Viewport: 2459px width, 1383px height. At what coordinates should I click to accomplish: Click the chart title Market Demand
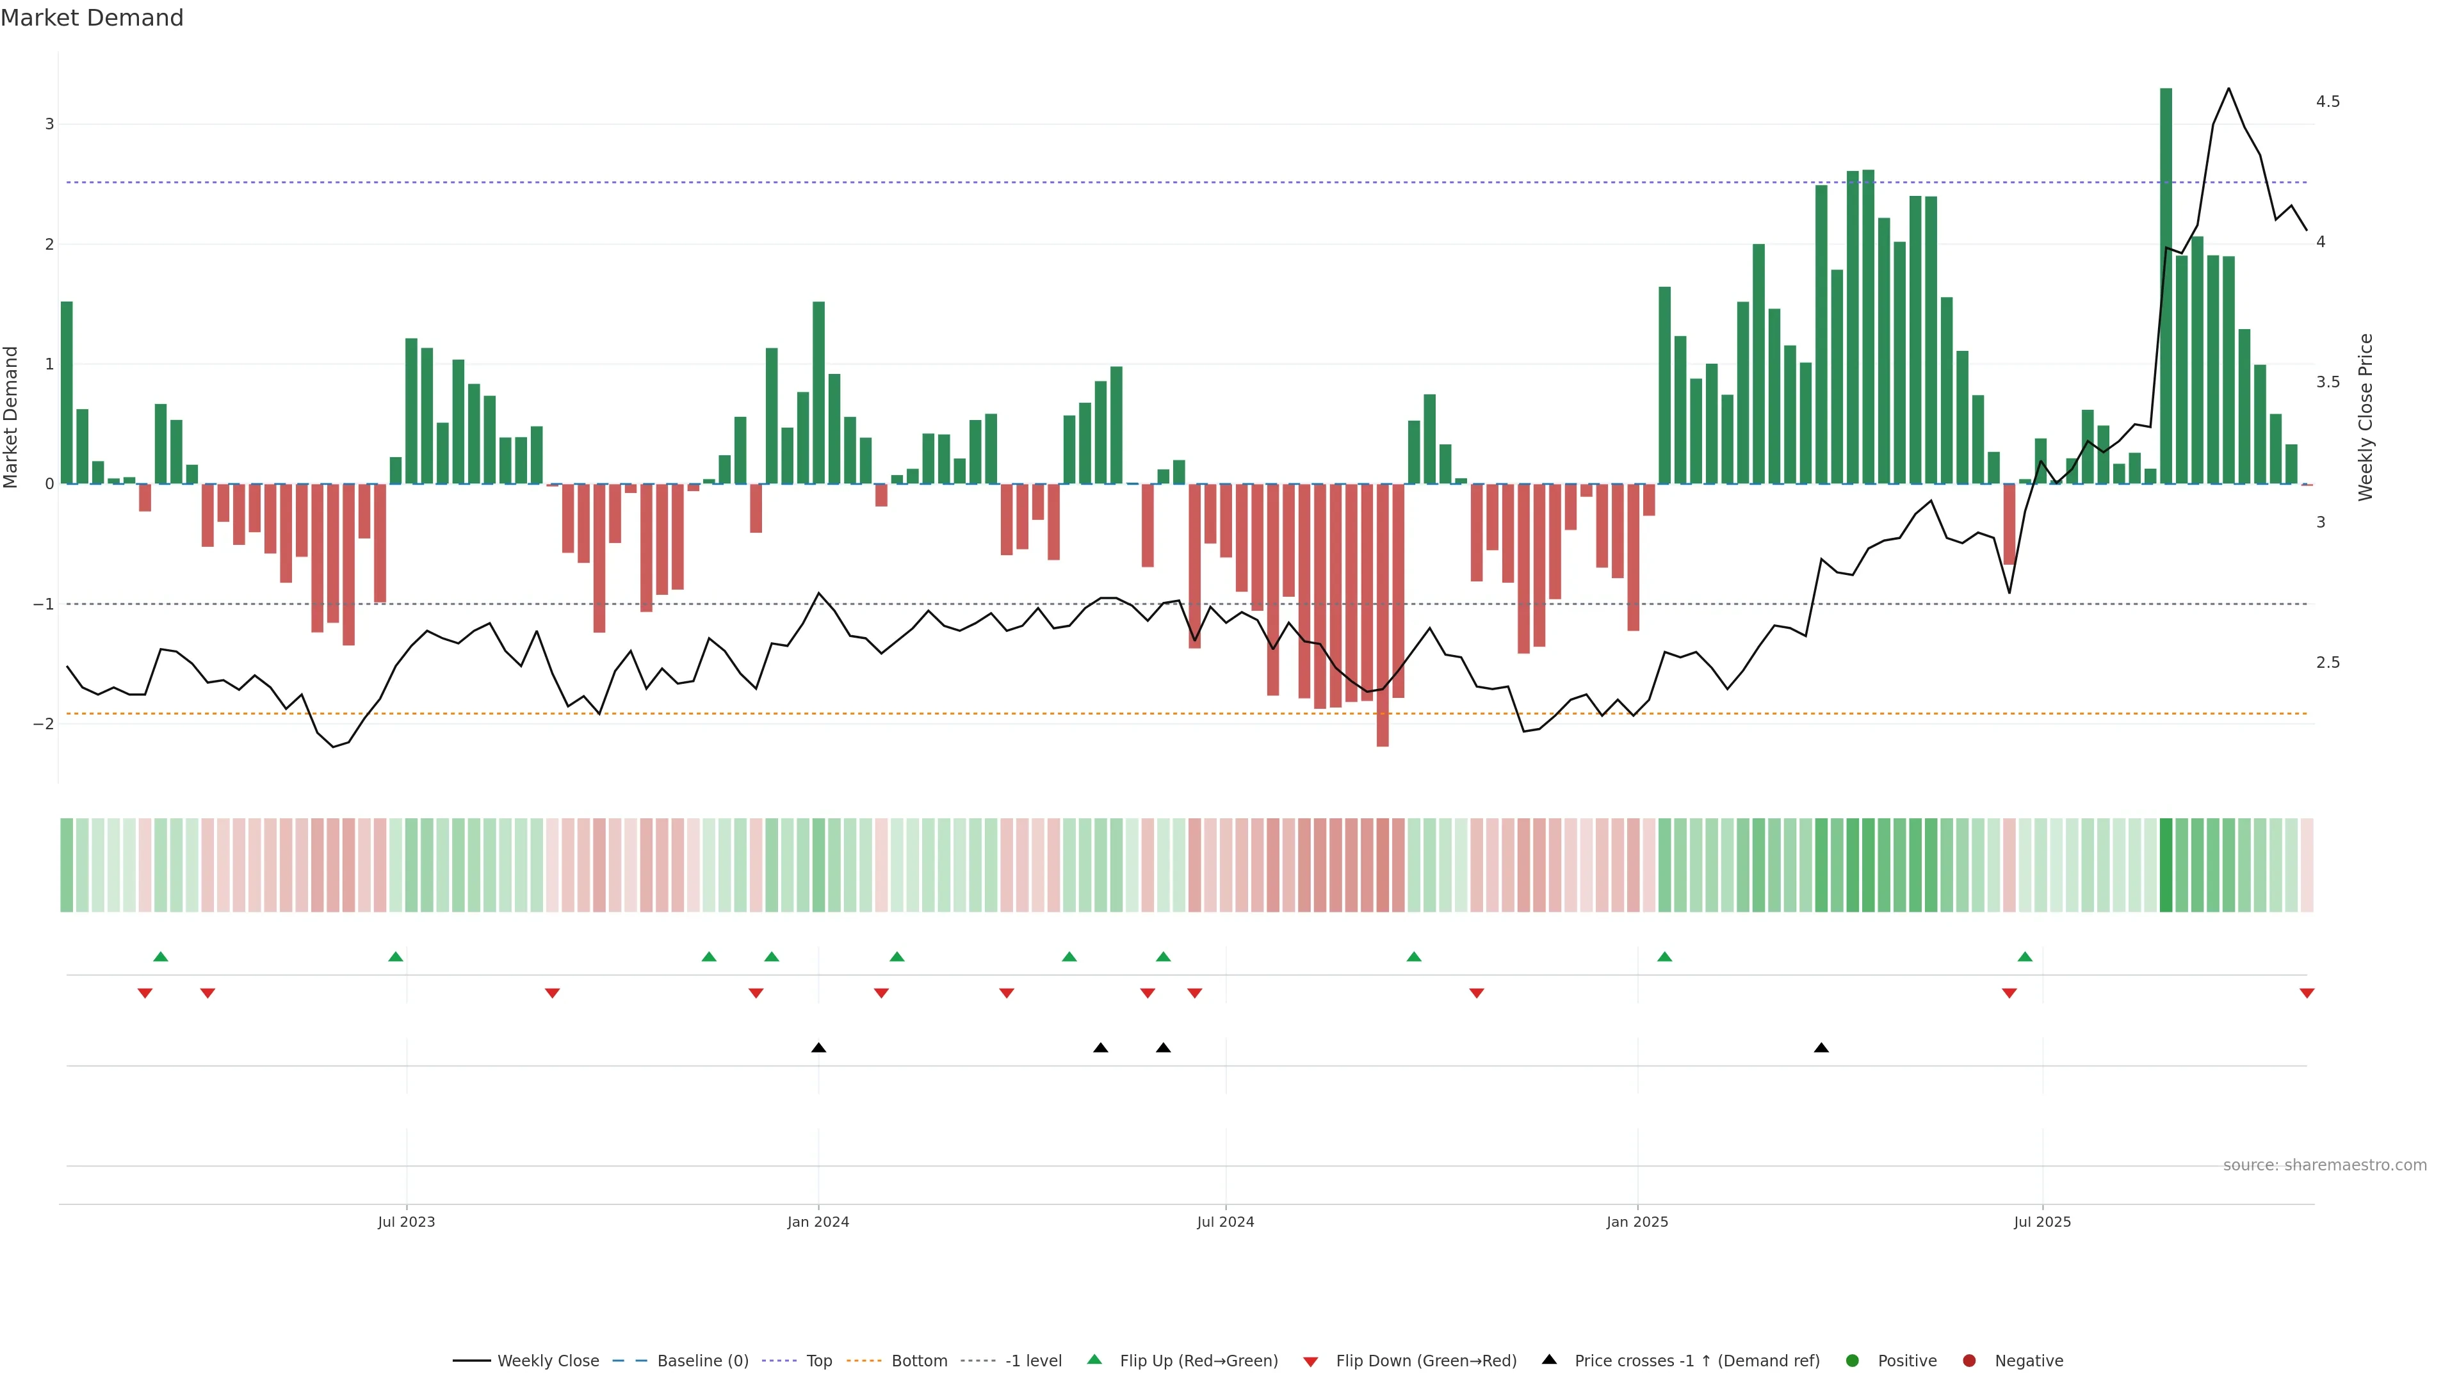[x=92, y=18]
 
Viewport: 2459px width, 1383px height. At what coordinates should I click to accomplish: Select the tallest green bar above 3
[x=2166, y=286]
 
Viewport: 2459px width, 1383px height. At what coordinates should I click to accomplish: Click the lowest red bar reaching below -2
[x=1383, y=615]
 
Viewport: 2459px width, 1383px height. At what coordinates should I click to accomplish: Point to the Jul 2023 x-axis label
[x=406, y=1222]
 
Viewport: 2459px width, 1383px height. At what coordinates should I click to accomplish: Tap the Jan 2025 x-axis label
[x=1637, y=1222]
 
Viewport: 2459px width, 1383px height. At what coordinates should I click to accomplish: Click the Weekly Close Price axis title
[x=2366, y=417]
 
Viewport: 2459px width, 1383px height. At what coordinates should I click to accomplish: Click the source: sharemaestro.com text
[x=2325, y=1165]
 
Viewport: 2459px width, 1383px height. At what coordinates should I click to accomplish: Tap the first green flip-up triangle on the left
[x=160, y=957]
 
